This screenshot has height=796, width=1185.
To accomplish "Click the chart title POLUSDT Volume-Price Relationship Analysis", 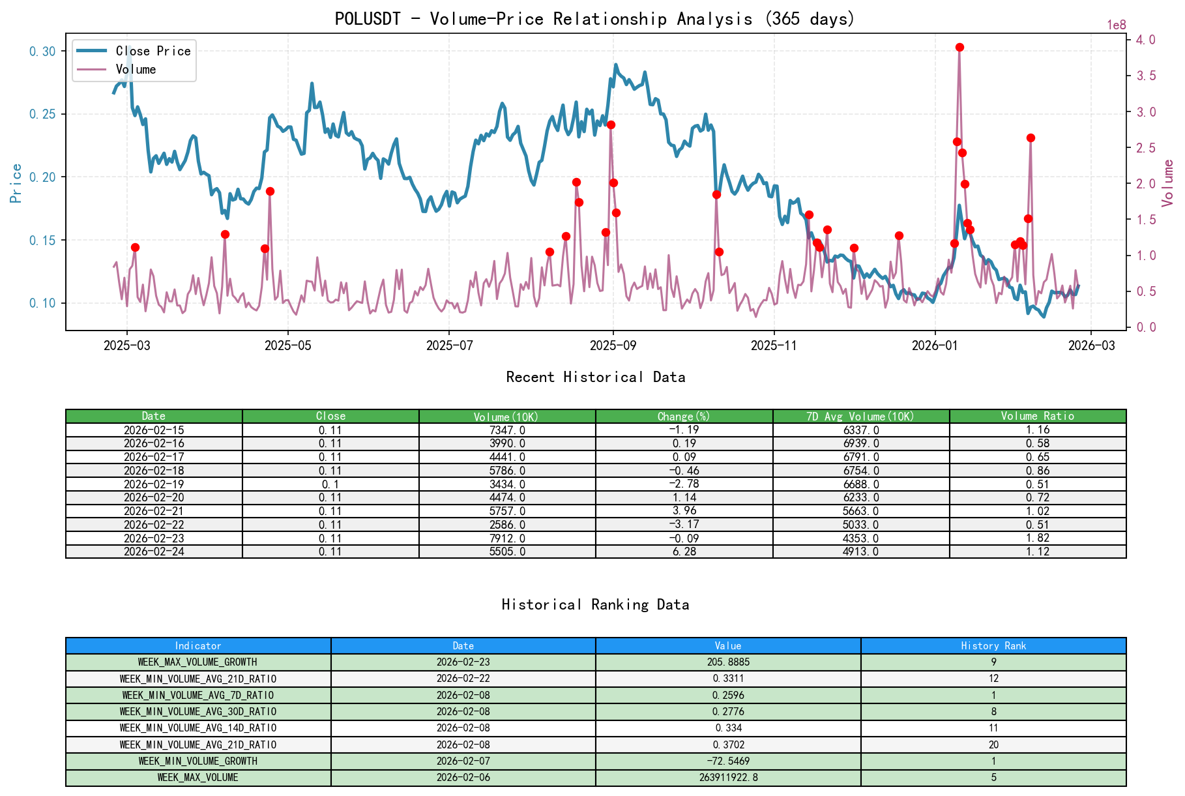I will [594, 18].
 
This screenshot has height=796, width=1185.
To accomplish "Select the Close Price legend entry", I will [153, 51].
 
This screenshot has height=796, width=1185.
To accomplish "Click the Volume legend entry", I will [136, 69].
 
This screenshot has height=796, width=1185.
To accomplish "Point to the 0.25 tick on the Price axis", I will [42, 114].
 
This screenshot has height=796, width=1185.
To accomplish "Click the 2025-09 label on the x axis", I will [613, 346].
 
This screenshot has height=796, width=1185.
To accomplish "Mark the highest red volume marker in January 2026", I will [959, 47].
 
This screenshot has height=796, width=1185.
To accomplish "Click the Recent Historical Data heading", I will [595, 377].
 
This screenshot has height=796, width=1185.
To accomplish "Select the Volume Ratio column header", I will [1037, 416].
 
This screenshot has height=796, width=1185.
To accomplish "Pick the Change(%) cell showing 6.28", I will [684, 552].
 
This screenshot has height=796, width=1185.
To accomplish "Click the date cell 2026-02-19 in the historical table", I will [154, 484].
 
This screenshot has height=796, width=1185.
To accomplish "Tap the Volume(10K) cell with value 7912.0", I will [507, 538].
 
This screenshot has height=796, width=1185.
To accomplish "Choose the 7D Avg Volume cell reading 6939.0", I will [860, 443].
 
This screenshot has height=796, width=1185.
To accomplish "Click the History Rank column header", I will [993, 645].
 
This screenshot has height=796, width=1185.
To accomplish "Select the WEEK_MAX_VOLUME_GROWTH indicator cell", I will [197, 662].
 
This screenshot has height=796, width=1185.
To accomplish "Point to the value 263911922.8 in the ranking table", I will [727, 777].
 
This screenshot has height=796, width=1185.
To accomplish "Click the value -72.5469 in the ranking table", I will [727, 761].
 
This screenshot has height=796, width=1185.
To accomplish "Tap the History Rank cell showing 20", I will [993, 744].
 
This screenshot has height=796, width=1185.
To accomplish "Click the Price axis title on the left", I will [16, 183].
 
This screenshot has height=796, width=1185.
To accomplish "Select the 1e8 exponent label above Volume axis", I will [1116, 25].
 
